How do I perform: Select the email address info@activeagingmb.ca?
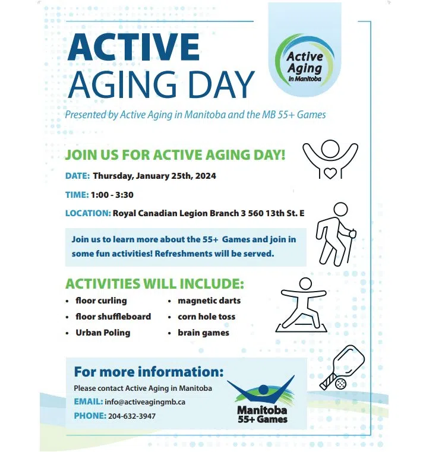[145, 402]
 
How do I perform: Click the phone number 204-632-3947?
[132, 416]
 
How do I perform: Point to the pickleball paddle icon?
[343, 367]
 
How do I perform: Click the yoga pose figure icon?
[302, 305]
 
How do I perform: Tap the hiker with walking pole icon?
[336, 234]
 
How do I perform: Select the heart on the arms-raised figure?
[330, 173]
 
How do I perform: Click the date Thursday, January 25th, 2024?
[154, 176]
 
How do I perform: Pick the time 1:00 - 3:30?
[112, 195]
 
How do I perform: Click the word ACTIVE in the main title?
[133, 47]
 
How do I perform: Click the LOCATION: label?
[88, 213]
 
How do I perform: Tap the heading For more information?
[149, 372]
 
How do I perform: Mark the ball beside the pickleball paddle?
[341, 384]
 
